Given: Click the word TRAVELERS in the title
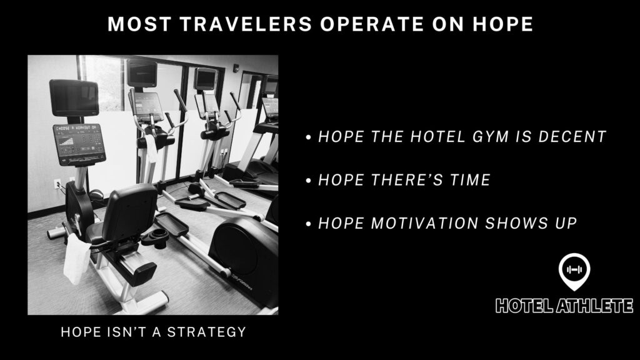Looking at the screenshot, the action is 246,24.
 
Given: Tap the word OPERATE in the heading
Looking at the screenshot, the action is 372,24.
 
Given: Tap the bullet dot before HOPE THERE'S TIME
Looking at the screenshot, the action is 309,181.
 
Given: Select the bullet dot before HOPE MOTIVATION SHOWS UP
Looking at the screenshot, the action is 309,224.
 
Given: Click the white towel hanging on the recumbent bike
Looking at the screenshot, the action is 76,259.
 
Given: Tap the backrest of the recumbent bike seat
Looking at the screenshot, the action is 130,211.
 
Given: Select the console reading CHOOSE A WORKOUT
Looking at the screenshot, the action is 79,144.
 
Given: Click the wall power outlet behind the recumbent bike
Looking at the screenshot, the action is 57,184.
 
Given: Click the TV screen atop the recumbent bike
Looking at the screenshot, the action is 74,98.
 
